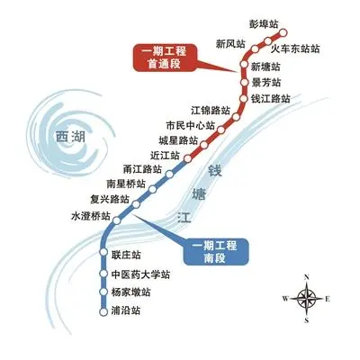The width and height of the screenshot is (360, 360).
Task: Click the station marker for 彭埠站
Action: pos(283,31)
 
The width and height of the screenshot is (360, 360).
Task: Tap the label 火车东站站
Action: pos(295,49)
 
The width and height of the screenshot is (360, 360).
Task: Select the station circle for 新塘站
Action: pos(244,65)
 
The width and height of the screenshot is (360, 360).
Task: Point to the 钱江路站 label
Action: pos(270,99)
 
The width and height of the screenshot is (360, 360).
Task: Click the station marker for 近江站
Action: pos(188,158)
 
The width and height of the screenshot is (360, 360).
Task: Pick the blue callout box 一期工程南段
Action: pos(216,252)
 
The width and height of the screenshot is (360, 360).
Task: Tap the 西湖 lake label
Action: pos(71,137)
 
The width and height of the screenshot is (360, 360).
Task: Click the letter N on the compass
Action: pos(307,277)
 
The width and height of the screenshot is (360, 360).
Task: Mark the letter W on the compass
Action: pos(285,299)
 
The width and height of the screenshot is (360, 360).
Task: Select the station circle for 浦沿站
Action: pos(103,311)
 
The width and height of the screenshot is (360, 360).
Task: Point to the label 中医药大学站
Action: pos(140,274)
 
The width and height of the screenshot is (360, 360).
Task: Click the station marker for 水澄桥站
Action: pos(116,220)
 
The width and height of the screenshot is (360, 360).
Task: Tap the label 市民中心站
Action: pos(191,125)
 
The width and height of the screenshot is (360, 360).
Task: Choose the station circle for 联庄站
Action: pos(103,252)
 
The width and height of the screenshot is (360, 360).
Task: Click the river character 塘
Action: pos(199,194)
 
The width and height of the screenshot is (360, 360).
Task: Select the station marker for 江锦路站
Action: pos(237,117)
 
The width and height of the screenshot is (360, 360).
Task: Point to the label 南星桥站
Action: pos(126,184)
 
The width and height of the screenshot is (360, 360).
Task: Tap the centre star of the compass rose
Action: pos(307,299)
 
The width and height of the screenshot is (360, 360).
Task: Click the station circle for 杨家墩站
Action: pos(103,292)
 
